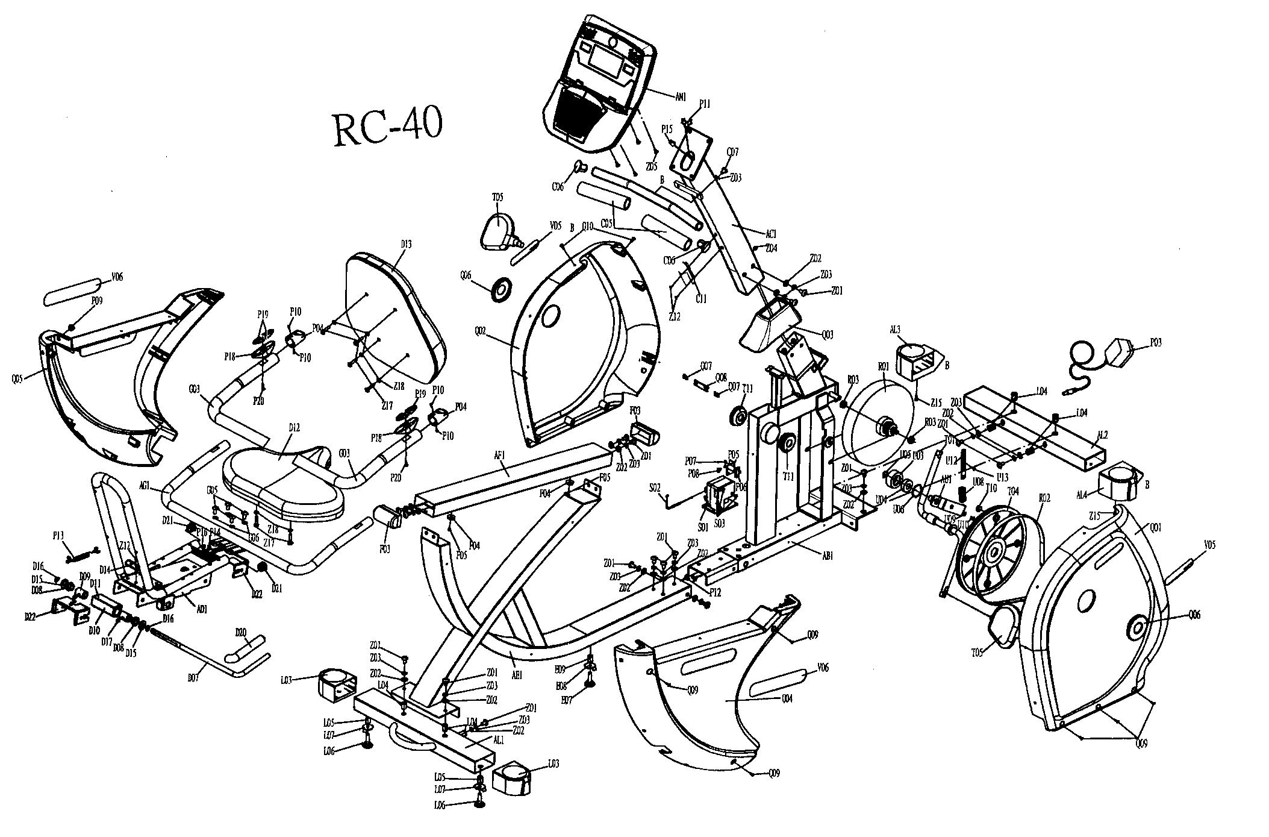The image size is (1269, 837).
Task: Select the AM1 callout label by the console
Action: coord(681,94)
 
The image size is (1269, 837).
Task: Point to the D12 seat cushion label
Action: coord(294,427)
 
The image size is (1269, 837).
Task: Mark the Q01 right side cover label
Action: coord(1155,528)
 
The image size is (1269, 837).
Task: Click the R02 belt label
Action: coord(1044,498)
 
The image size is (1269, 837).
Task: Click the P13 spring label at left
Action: coord(58,534)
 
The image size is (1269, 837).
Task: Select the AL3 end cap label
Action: coord(894,329)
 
